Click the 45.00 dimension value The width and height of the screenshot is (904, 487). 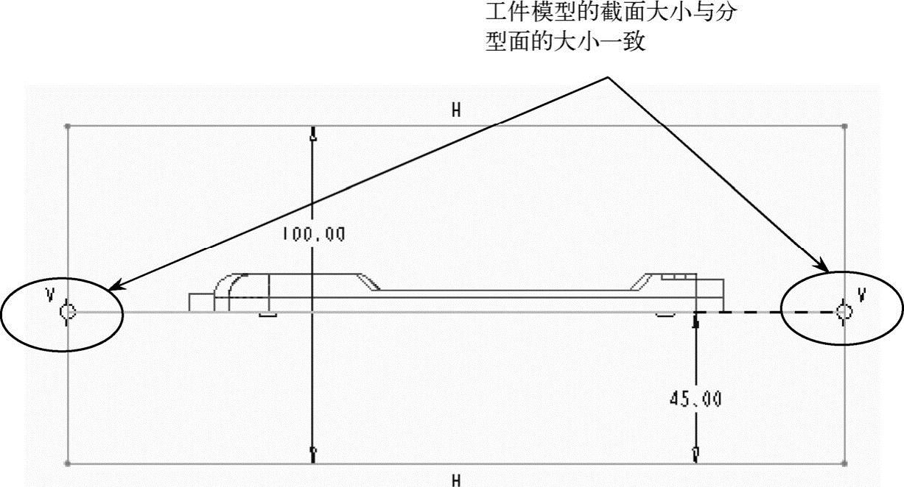695,399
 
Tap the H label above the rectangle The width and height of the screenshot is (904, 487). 457,110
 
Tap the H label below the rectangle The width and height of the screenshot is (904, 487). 457,480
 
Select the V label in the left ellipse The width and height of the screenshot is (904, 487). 50,295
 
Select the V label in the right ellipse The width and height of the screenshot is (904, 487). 861,295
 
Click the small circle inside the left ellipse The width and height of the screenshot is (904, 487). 67,312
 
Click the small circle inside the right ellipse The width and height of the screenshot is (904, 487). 844,312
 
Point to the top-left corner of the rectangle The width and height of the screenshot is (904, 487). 68,126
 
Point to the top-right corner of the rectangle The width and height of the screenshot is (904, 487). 845,126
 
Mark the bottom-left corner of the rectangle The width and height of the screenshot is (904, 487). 68,463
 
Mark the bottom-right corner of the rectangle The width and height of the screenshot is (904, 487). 845,463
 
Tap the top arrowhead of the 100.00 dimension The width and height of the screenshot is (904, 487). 314,135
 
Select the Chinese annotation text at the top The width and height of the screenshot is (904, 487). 609,28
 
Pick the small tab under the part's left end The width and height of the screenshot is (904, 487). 267,315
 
